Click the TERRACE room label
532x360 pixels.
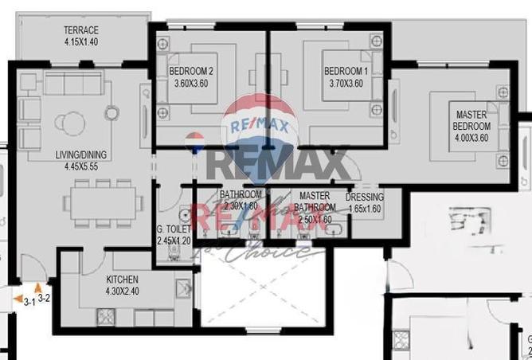(x=81, y=29)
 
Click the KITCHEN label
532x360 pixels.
(x=123, y=280)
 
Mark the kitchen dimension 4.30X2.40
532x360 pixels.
(x=123, y=292)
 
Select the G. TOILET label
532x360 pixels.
(x=174, y=229)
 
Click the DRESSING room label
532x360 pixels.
(x=365, y=198)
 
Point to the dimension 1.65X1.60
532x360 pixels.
(x=365, y=209)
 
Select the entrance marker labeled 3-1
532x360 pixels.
(x=26, y=299)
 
